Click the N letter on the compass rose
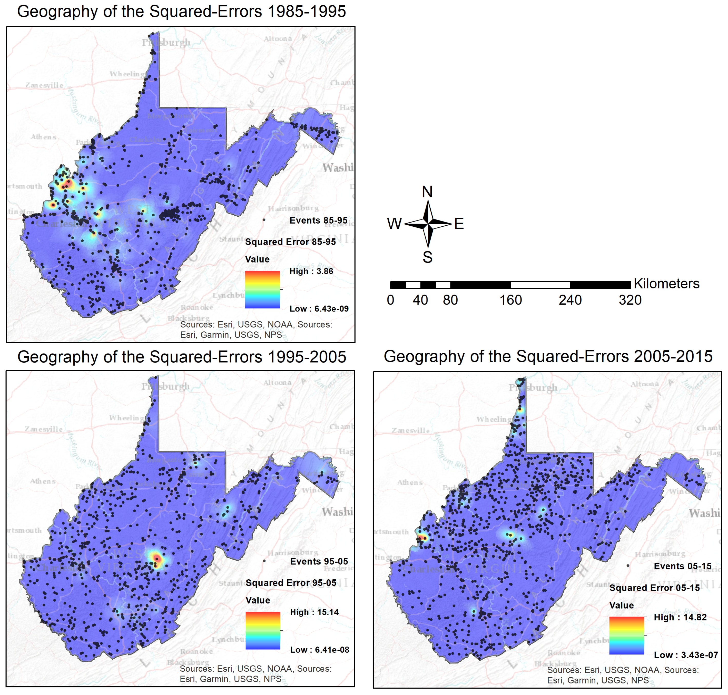click(427, 192)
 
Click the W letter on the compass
click(394, 224)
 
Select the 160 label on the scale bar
click(510, 300)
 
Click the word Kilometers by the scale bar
click(666, 284)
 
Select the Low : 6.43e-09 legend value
click(319, 309)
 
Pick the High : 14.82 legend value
click(680, 617)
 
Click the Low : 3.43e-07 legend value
click(686, 655)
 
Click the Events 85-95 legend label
click(318, 220)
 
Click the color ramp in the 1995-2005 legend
click(263, 631)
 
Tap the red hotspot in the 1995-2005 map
click(157, 559)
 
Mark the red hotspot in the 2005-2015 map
click(422, 538)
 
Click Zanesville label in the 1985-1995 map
click(44, 85)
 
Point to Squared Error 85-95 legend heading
click(290, 242)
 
